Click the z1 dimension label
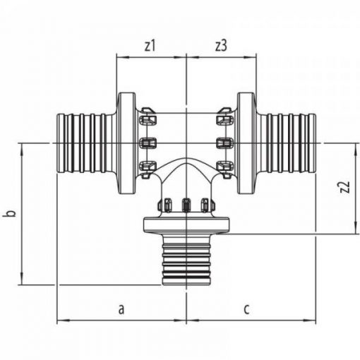coord(150,46)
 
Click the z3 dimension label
coord(221,46)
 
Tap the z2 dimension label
coord(345,187)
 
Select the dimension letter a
coord(121,309)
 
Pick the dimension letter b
coord(11,212)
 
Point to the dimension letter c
coord(246,310)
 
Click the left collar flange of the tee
coord(126,143)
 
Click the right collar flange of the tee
coord(246,143)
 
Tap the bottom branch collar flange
coord(186,225)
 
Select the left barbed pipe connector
coord(87,144)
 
